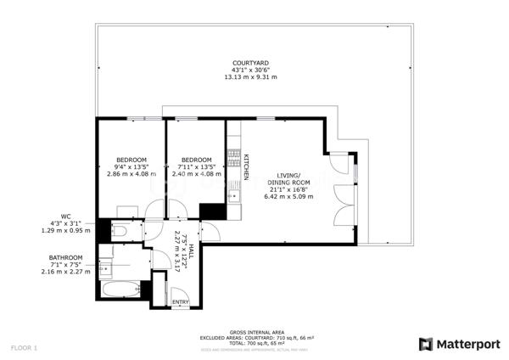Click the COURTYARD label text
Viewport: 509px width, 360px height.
point(250,63)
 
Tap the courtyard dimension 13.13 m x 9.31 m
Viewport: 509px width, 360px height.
point(250,76)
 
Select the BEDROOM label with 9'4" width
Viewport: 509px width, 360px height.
point(131,160)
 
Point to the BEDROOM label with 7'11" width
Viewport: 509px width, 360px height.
point(196,160)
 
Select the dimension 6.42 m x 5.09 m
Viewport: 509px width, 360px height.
point(290,196)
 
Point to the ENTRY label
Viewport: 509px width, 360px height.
point(181,301)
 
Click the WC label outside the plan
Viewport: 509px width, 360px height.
point(65,216)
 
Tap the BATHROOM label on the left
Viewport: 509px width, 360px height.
point(65,257)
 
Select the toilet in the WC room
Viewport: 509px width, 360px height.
point(119,230)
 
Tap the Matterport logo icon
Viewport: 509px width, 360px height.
point(426,344)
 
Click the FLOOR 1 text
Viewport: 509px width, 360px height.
point(25,347)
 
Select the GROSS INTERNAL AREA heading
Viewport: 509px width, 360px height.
point(255,332)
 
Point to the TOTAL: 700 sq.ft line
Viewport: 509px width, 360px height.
point(255,342)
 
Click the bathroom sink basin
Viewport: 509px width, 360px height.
point(105,269)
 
